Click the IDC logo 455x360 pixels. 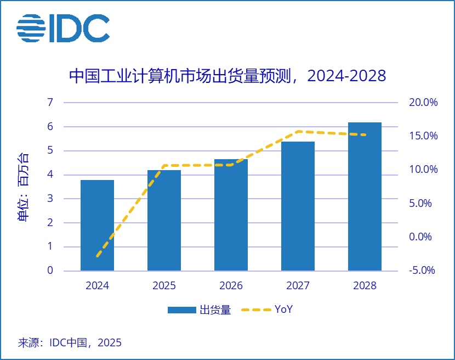(x=63, y=28)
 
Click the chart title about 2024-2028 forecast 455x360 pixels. (x=227, y=76)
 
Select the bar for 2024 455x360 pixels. (x=97, y=225)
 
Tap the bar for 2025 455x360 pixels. (x=164, y=220)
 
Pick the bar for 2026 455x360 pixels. (x=231, y=215)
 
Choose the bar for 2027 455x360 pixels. (x=298, y=206)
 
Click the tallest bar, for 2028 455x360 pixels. (x=365, y=196)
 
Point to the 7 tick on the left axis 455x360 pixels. (x=50, y=103)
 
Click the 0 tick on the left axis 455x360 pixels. (x=50, y=271)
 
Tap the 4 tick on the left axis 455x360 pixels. (x=50, y=175)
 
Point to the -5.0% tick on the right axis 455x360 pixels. (x=422, y=271)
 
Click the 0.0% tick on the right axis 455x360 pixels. (x=423, y=237)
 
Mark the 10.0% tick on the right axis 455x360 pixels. (x=423, y=170)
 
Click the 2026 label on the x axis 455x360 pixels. (x=231, y=286)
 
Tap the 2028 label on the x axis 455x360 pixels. (x=365, y=286)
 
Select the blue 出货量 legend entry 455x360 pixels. (x=200, y=310)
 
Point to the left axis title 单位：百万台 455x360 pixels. (x=23, y=187)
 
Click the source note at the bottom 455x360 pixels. (x=70, y=343)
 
